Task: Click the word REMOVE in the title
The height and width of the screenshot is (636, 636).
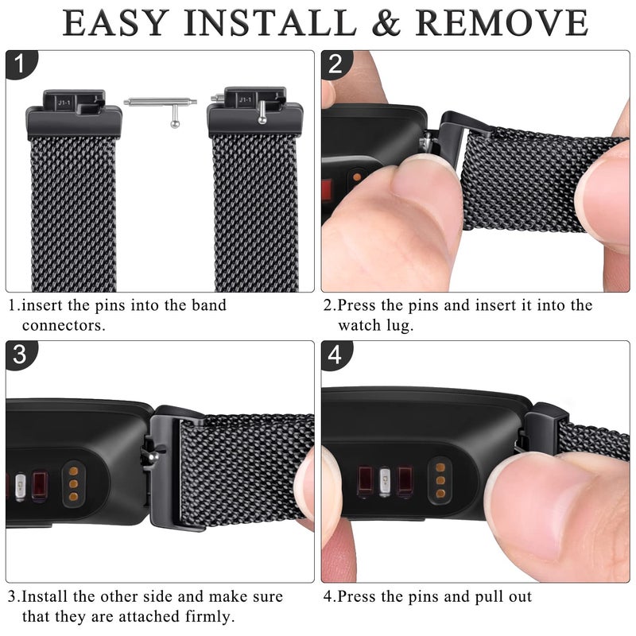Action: [x=502, y=23]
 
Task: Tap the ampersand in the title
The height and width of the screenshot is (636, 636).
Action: [x=385, y=23]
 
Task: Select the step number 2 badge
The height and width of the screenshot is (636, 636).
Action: [x=335, y=64]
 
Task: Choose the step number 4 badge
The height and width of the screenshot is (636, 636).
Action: [x=335, y=355]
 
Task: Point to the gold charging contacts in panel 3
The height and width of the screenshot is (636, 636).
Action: [x=73, y=482]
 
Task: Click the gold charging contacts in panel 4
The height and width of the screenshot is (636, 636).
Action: [x=438, y=478]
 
